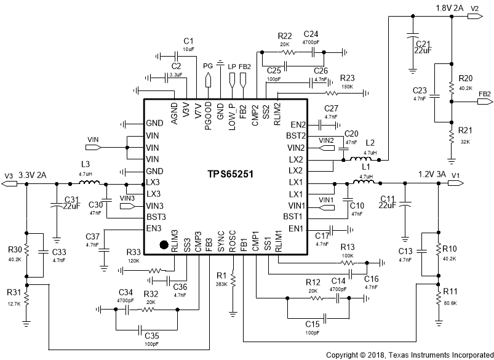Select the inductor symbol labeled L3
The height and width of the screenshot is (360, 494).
click(x=90, y=182)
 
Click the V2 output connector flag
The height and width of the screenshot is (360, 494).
click(x=474, y=17)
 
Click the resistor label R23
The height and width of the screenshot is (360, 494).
click(x=348, y=78)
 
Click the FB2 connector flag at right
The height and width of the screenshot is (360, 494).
click(x=484, y=94)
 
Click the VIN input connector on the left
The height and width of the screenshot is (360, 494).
click(x=93, y=147)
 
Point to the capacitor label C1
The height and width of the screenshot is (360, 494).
click(x=188, y=41)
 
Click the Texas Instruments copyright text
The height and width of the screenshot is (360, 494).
click(x=409, y=355)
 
